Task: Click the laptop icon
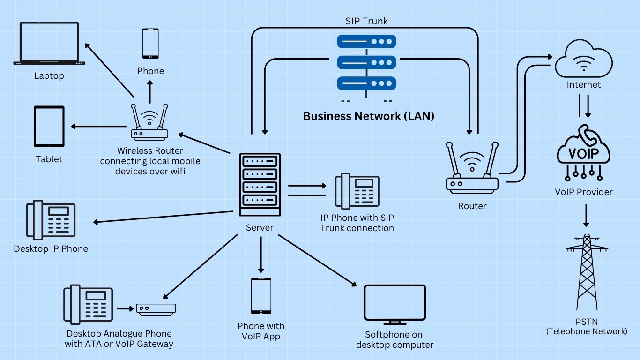point(49,43)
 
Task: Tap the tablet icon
point(49,127)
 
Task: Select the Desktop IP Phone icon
point(51,221)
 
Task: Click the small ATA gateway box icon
point(156,309)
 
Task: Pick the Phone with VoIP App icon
point(260,296)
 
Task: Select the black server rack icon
point(260,184)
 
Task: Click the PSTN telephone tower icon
point(586,272)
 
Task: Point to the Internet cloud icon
point(583,60)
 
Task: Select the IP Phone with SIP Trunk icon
point(357,191)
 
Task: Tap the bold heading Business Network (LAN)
point(368,116)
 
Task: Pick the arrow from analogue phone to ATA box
point(125,309)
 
